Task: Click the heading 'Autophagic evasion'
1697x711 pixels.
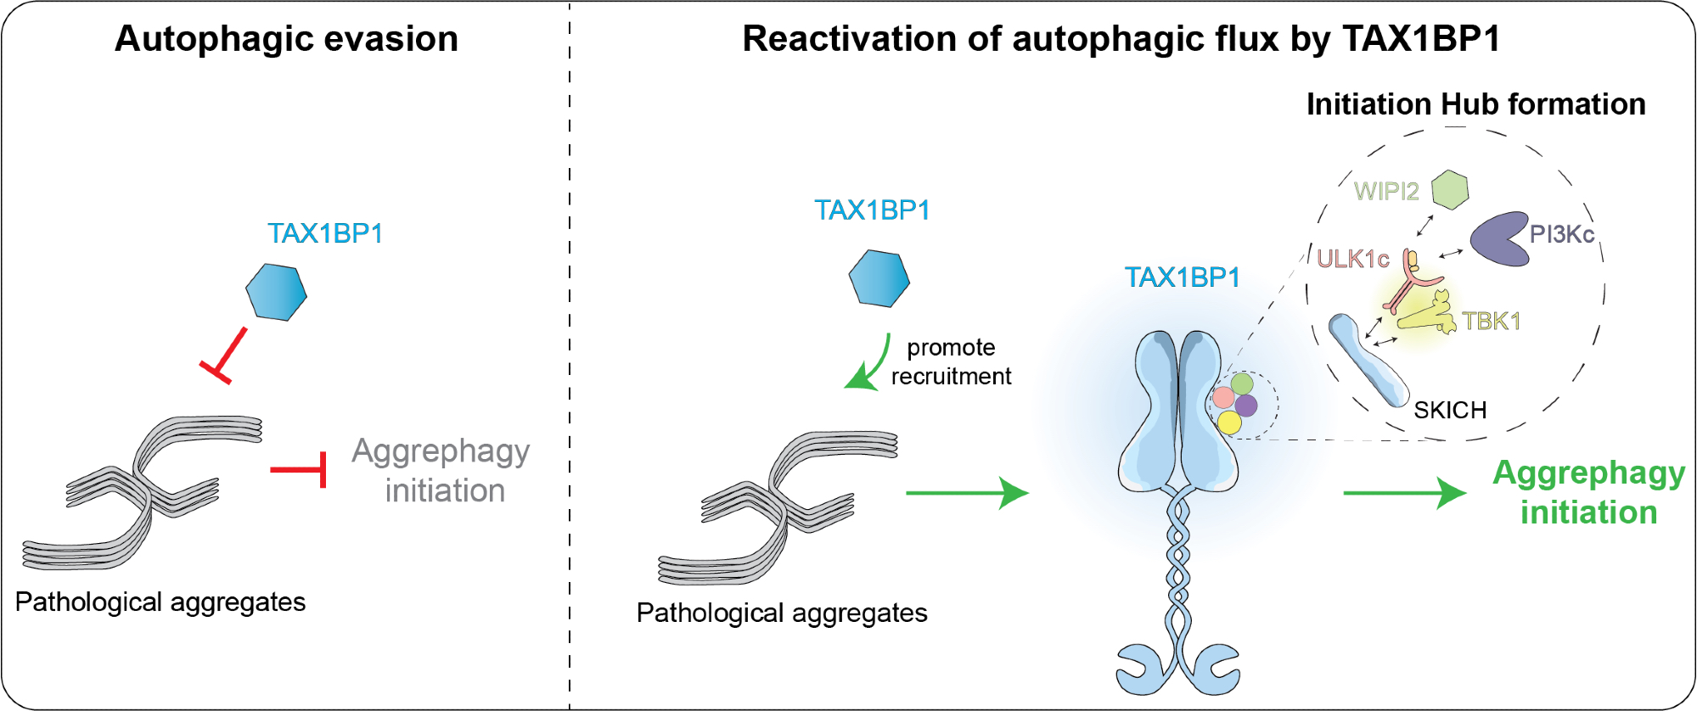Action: [286, 39]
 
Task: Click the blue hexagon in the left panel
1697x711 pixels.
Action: [276, 292]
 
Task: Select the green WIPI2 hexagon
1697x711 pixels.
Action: [1450, 189]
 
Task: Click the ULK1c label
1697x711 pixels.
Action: [1352, 259]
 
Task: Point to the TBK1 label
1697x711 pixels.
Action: [1491, 321]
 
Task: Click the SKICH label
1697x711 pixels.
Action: [1450, 410]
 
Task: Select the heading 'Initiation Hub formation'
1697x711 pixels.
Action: [1475, 104]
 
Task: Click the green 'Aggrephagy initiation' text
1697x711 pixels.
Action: [1588, 492]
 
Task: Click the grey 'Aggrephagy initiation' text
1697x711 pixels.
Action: [441, 470]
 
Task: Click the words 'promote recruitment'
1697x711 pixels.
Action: [951, 361]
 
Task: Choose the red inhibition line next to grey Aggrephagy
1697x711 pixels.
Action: [302, 469]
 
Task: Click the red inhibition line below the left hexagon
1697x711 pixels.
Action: [225, 355]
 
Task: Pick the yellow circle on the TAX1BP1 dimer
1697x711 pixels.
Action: [1229, 422]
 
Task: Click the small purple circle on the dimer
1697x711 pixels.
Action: [1246, 405]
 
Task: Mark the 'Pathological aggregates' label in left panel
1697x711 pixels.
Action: [160, 602]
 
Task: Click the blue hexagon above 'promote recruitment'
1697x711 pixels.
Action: [879, 278]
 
